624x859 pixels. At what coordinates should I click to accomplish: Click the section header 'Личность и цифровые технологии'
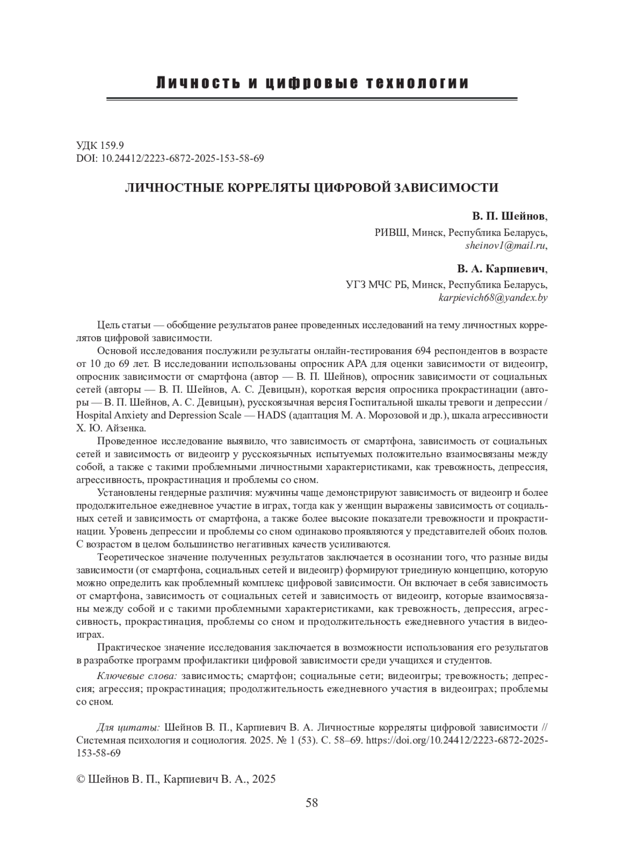312,83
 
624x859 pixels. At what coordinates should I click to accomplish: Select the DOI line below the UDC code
170,158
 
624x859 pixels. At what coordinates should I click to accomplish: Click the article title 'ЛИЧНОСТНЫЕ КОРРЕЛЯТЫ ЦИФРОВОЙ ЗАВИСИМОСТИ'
311,188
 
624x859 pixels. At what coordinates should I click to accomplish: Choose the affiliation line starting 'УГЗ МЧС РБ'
446,285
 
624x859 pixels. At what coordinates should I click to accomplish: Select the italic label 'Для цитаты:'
128,727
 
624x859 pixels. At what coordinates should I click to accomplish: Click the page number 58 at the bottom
311,802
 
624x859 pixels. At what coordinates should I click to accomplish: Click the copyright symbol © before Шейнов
81,779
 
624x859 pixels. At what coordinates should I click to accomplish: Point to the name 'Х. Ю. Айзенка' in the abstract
111,428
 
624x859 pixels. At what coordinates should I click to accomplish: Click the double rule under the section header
311,98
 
